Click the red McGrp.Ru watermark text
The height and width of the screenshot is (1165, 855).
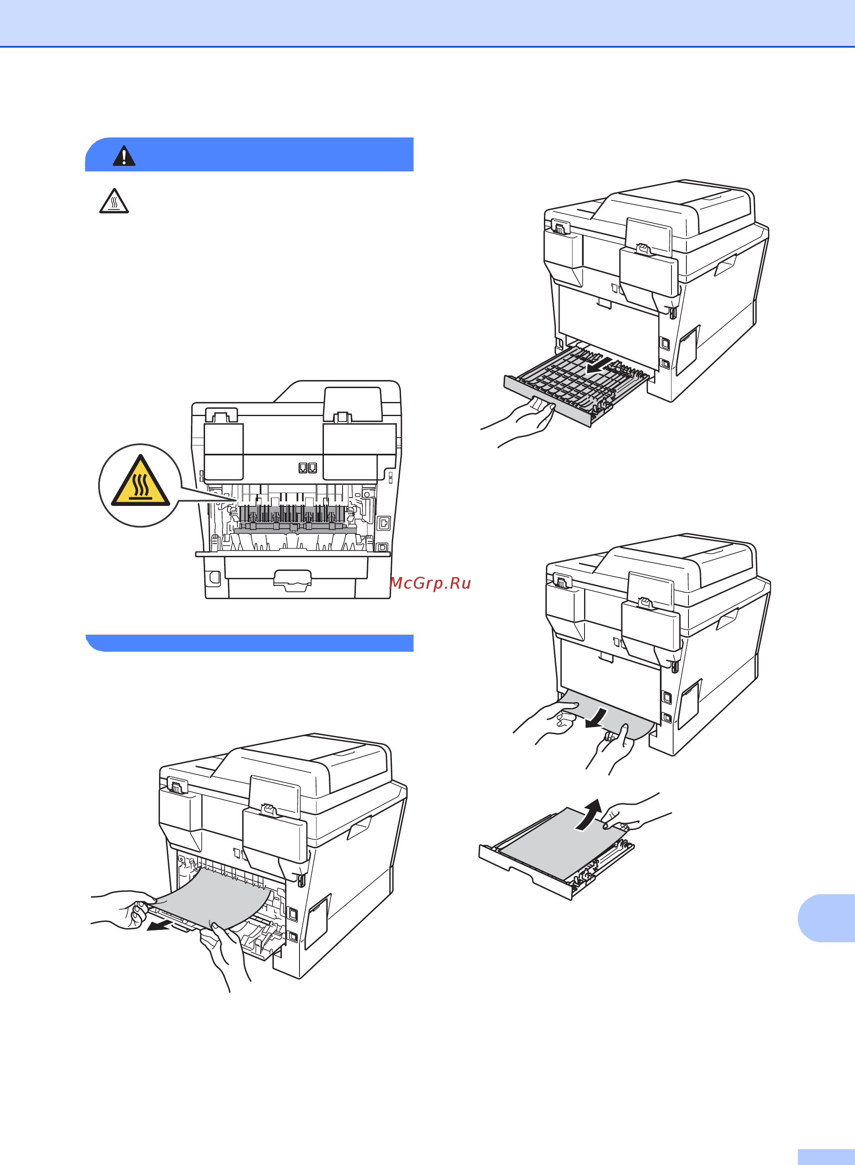point(430,583)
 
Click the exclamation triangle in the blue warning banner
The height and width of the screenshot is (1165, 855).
point(124,156)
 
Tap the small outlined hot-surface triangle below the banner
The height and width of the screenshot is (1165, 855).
point(114,201)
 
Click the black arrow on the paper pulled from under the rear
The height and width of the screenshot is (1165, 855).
point(598,718)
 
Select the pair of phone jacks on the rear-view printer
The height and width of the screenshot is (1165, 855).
point(308,468)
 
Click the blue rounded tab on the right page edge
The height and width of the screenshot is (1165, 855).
point(826,918)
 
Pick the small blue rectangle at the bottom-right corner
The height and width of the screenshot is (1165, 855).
point(826,1157)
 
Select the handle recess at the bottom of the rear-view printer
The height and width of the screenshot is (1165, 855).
point(292,580)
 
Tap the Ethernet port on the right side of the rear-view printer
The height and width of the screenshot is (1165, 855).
point(384,523)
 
